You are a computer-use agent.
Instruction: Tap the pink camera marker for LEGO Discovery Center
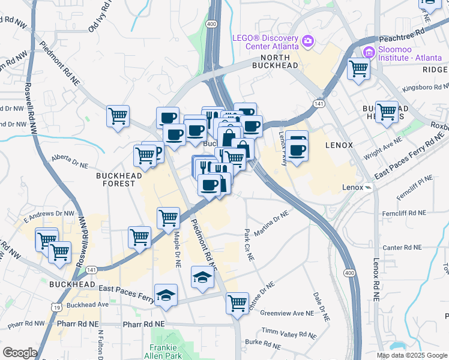308,41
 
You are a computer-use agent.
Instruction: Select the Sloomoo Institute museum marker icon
368,52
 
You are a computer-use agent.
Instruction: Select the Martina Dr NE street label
272,220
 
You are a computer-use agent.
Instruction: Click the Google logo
19,353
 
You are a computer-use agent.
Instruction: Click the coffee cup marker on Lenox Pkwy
297,147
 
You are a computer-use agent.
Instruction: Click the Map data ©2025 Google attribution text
412,355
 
